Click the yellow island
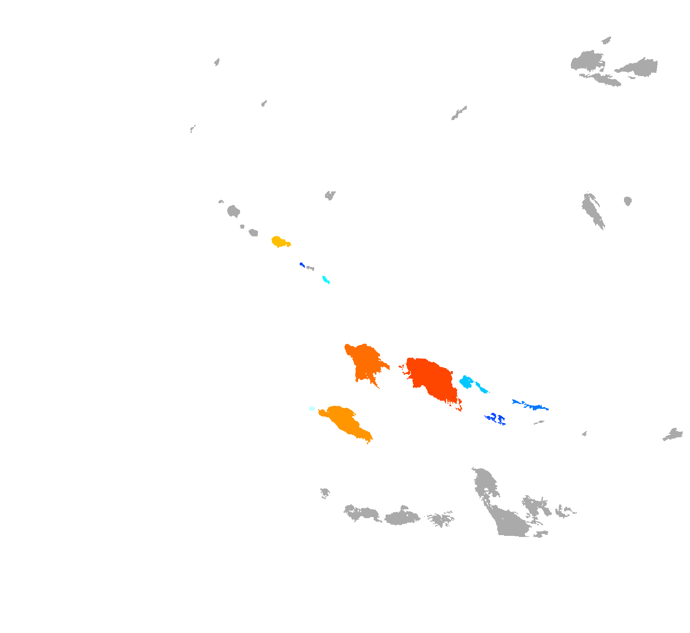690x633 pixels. (x=279, y=242)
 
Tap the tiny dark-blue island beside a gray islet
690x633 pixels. (x=301, y=264)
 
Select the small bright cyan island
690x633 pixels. (x=325, y=280)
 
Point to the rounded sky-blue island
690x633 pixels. (x=466, y=382)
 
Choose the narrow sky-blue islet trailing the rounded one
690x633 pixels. (x=482, y=388)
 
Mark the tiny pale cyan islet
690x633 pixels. (x=312, y=408)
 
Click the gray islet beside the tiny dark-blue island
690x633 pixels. (x=310, y=268)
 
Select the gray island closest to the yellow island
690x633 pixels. (x=253, y=233)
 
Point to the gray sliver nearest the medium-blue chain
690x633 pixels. (x=539, y=422)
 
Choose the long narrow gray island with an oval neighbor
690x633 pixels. (x=592, y=211)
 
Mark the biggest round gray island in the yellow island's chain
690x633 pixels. (x=233, y=212)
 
